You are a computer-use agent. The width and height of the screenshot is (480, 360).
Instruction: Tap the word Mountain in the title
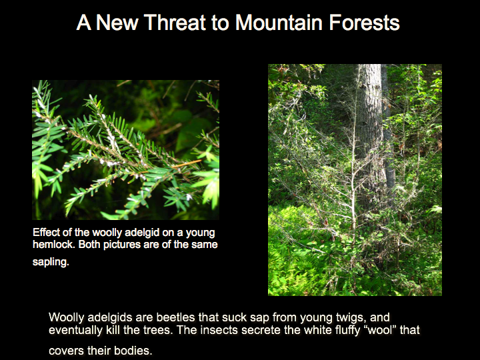[x=279, y=23]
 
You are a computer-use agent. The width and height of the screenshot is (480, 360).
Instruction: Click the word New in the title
[x=117, y=23]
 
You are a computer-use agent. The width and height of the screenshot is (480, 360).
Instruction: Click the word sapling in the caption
[x=51, y=262]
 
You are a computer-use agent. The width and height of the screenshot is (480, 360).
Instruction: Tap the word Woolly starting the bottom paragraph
[x=66, y=318]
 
